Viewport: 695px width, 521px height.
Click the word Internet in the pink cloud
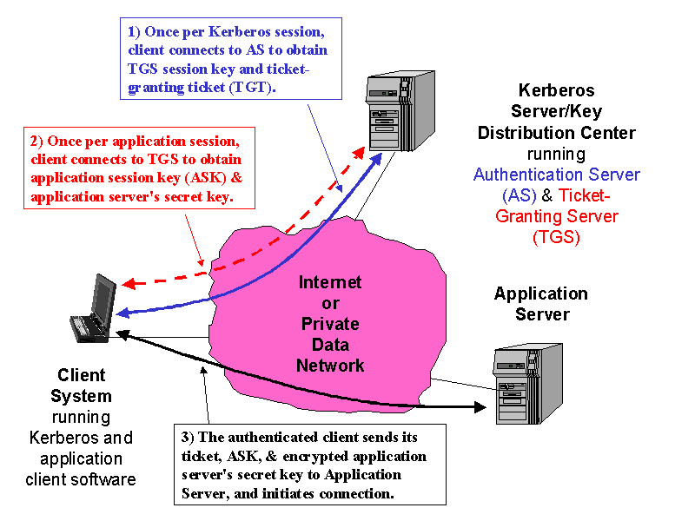coord(330,283)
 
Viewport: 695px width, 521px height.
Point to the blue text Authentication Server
coord(556,175)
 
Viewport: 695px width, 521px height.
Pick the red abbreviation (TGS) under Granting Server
coord(556,236)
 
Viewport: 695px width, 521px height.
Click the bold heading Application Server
coord(540,304)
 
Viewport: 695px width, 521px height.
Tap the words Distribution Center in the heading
coord(556,133)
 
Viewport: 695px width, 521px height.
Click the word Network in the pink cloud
coord(330,365)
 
